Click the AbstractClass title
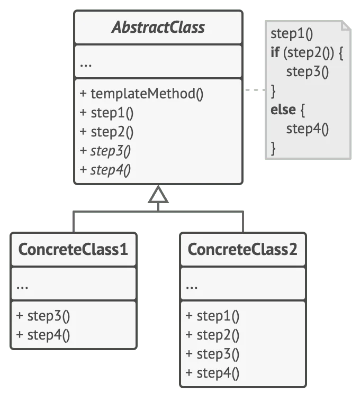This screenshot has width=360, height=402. pyautogui.click(x=158, y=27)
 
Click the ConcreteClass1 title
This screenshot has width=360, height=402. pyautogui.click(x=73, y=249)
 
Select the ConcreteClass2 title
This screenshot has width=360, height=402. pyautogui.click(x=242, y=249)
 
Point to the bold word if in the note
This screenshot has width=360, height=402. pyautogui.click(x=275, y=52)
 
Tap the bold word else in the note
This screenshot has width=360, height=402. pyautogui.click(x=283, y=109)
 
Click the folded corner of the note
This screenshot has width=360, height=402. pyautogui.click(x=346, y=25)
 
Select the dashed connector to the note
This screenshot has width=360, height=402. pyautogui.click(x=255, y=90)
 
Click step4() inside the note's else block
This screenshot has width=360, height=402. pyautogui.click(x=308, y=129)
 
